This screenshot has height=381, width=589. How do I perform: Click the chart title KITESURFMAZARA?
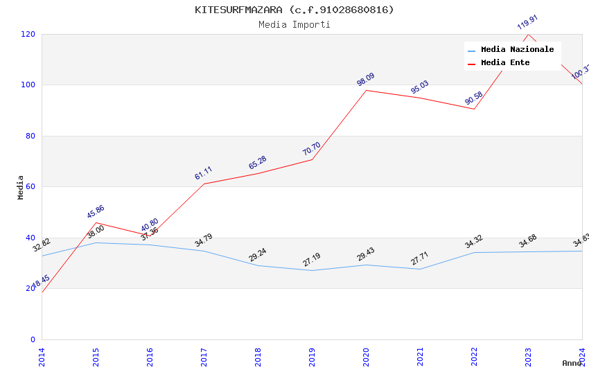click(x=294, y=10)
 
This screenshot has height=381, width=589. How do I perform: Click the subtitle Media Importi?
click(x=294, y=24)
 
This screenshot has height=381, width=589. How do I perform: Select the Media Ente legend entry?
click(x=505, y=63)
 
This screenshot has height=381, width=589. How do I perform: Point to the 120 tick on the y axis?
click(x=28, y=34)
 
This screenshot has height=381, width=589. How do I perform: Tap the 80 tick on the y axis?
click(x=30, y=136)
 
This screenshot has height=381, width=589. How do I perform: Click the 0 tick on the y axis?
click(x=33, y=339)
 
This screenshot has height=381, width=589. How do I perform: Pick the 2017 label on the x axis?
click(x=204, y=356)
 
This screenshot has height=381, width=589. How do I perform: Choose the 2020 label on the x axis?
click(x=366, y=356)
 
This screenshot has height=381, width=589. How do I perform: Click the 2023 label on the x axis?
click(x=528, y=356)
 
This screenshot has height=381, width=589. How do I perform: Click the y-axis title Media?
click(x=21, y=187)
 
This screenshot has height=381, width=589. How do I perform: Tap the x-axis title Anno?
click(x=572, y=363)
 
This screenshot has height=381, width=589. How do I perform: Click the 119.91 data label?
click(x=527, y=22)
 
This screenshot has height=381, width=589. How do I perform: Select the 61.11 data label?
click(x=203, y=173)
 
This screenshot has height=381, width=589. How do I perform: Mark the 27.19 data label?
click(x=311, y=260)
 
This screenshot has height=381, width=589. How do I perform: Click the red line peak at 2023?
click(x=528, y=34)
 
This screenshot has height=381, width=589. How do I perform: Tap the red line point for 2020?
click(x=366, y=90)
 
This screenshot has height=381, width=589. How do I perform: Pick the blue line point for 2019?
click(x=312, y=270)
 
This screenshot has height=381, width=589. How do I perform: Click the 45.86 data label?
click(x=96, y=211)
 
